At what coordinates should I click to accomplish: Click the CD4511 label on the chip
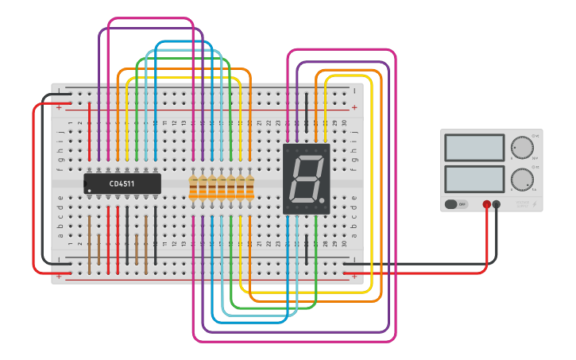coord(122,184)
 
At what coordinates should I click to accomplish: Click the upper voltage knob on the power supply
coord(522,148)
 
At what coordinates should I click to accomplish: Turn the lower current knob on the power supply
coord(522,179)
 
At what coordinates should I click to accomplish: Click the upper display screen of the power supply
coord(474,148)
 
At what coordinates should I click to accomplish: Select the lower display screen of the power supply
coord(474,178)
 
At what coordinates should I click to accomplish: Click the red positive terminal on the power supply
coord(486,204)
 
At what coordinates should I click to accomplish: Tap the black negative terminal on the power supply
coord(497,204)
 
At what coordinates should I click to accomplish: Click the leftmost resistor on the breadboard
coord(193,188)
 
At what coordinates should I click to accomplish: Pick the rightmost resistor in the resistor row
coord(250,188)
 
